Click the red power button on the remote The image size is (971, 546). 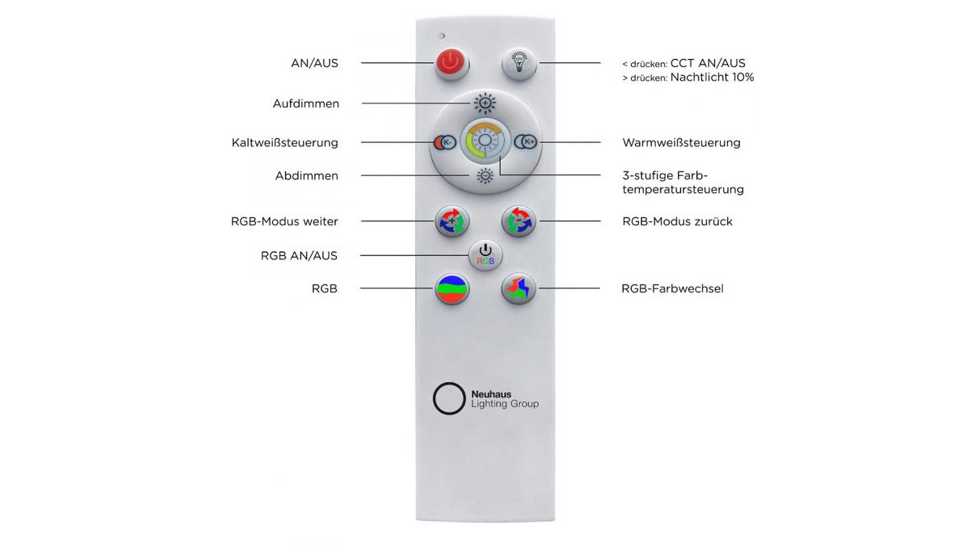tap(451, 64)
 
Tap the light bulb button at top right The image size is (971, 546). tap(518, 64)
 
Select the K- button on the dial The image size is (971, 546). tap(446, 143)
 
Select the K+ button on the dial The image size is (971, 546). tap(526, 142)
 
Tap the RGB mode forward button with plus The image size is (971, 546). tap(452, 221)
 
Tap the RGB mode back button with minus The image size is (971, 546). tap(518, 221)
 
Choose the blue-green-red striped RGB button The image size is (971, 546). tap(452, 289)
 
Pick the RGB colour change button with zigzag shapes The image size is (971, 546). tap(518, 289)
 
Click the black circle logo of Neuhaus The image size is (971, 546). tap(449, 398)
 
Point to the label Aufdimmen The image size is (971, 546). tap(306, 104)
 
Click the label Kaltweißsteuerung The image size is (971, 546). tap(285, 143)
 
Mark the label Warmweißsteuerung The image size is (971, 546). tap(681, 143)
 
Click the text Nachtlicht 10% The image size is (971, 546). tap(712, 77)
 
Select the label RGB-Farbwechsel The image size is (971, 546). tap(672, 289)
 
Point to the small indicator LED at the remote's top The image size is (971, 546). tap(442, 36)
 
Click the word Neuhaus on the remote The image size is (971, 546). tap(491, 394)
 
